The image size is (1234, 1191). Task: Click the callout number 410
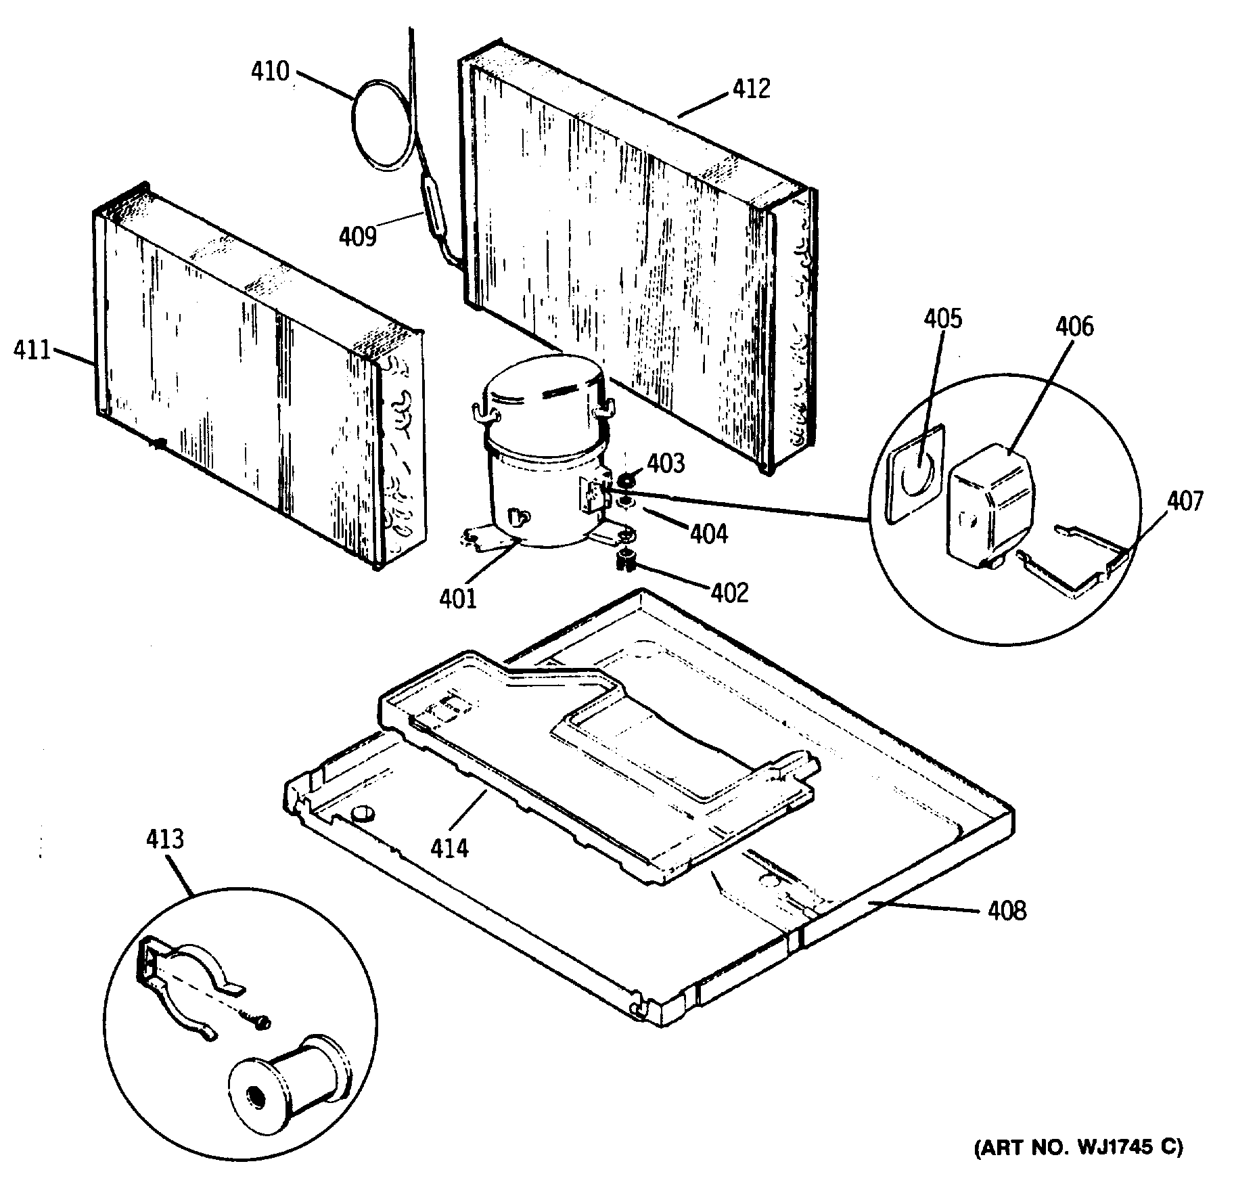point(270,71)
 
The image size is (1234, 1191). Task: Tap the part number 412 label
point(752,89)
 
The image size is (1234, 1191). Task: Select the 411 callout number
point(31,351)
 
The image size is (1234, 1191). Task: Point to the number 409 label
point(357,236)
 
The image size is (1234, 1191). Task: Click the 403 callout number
point(666,464)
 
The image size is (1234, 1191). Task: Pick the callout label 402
point(729,593)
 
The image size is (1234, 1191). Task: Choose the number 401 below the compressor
point(458,599)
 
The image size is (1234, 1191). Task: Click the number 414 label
point(449,847)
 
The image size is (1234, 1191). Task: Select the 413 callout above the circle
point(164,838)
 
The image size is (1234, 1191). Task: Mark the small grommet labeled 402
point(626,560)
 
